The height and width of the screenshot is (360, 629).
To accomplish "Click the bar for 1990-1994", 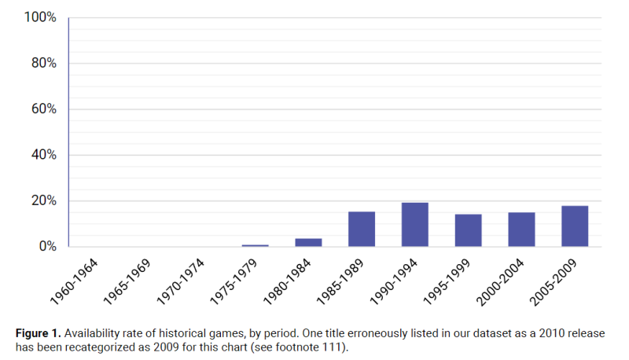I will coord(414,225).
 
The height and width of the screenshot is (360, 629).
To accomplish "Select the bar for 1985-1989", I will coord(362,229).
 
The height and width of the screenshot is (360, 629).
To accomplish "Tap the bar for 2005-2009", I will coord(575,226).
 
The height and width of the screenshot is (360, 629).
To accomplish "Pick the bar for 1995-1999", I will coord(468,230).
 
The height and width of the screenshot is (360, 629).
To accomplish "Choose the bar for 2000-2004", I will coord(521,230).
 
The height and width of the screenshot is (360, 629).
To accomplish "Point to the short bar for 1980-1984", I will coord(308,242).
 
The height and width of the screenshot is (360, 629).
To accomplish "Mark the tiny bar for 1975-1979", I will coord(255,245).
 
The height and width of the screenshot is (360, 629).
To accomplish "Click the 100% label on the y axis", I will coord(39,17).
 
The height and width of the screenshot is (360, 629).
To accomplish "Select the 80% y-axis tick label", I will coord(42,64).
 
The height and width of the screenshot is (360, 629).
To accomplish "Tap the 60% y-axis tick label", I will coord(42,109).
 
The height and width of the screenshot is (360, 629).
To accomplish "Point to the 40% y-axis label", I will coord(42,155).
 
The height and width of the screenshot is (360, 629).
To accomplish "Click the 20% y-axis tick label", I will coord(42,200).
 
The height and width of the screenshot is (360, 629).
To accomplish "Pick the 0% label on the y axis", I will coord(46,246).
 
